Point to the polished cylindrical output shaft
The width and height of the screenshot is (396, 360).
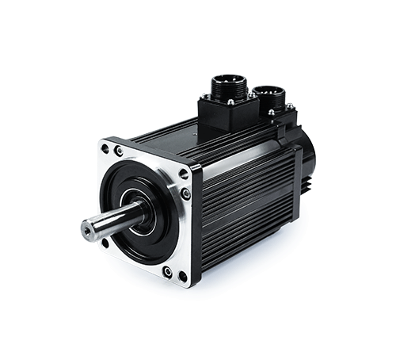tap(111, 220)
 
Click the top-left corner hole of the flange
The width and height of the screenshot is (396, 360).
tap(105, 148)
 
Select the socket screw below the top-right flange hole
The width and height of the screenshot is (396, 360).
tap(186, 193)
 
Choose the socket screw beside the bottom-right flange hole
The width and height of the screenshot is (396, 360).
tap(168, 271)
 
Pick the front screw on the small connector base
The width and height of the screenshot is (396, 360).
tap(271, 113)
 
